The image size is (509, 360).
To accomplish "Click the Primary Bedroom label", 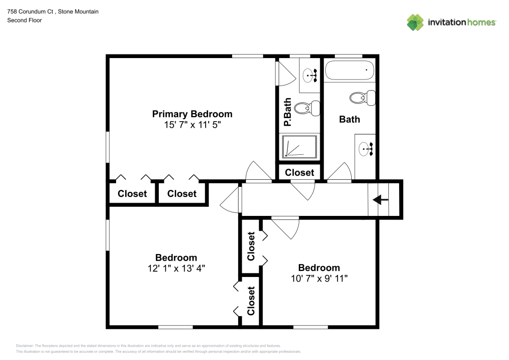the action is (192, 114).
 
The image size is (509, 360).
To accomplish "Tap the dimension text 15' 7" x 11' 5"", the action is (192, 125).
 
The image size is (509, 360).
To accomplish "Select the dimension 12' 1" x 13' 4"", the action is (176, 268).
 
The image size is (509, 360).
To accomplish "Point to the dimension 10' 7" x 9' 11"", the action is (319, 279).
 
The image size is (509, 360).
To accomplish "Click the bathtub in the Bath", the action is (349, 70).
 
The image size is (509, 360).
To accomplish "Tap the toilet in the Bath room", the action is (362, 97).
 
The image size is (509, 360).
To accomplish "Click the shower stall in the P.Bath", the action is (299, 147).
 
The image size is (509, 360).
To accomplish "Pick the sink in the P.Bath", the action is (310, 76).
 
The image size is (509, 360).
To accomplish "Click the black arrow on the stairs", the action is (380, 200).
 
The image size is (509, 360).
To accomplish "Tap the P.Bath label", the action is (287, 112).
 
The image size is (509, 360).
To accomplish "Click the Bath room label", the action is (350, 120).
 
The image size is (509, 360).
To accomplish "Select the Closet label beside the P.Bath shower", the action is (300, 173).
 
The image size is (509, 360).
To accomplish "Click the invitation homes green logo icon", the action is (415, 22).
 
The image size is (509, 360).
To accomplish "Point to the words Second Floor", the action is (24, 20).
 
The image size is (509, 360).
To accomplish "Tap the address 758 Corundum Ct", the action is (30, 11).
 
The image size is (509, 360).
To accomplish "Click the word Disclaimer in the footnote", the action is (24, 346).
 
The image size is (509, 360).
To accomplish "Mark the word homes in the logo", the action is (482, 22).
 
